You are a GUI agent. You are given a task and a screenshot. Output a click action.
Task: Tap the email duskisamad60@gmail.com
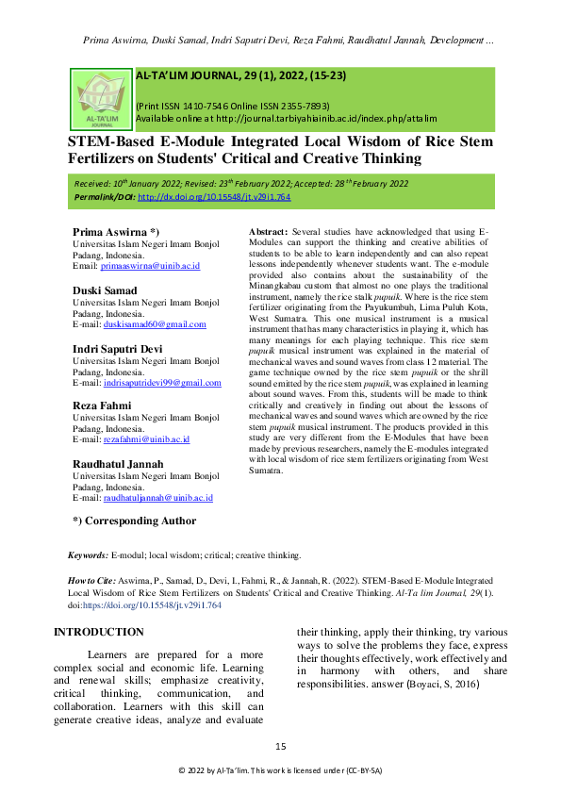tap(156, 324)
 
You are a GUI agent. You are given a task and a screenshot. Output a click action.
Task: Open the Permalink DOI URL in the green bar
tap(214, 197)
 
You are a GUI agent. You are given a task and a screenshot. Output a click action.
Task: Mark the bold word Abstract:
tap(267, 232)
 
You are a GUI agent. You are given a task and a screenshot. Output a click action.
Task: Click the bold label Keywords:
tap(88, 557)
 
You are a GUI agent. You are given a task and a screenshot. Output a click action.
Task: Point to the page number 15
tap(280, 747)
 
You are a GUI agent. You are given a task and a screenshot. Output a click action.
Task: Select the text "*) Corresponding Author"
tap(135, 521)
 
